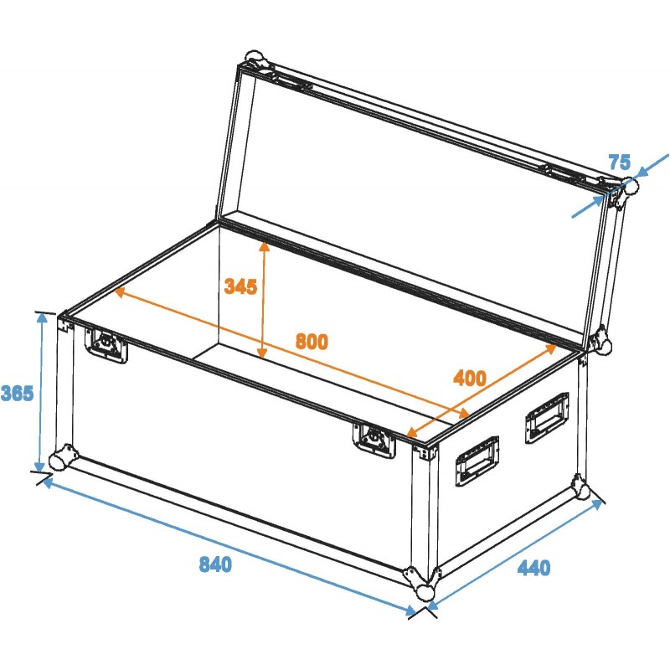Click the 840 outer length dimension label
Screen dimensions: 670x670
pos(215,564)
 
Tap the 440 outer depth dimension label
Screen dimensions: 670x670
pos(533,569)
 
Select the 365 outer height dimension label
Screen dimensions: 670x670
pos(17,393)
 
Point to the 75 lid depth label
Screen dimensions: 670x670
pos(619,162)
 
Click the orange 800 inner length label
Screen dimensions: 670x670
pos(312,342)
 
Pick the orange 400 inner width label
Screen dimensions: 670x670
pos(469,378)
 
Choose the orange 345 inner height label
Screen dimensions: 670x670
pos(240,286)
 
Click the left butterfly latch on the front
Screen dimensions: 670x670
pos(107,344)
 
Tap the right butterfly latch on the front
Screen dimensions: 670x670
pos(374,439)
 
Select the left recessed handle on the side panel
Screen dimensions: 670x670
pos(477,460)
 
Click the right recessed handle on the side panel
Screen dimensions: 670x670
pos(546,416)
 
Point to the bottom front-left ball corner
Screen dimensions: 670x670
pos(60,460)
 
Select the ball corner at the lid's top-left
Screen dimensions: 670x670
pos(254,62)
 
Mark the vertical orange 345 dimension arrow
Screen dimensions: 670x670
pos(264,301)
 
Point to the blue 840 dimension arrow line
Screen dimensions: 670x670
pos(226,545)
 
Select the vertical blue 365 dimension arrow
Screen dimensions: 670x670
pos(40,392)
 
